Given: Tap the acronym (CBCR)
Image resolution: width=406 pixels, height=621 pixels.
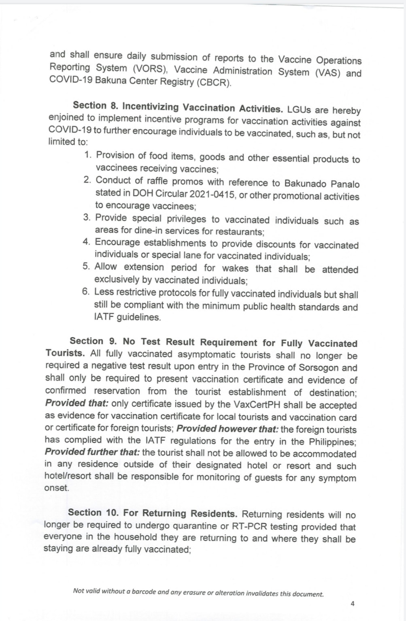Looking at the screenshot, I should tap(214, 83).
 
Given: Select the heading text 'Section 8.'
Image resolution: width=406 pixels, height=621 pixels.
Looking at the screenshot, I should tap(96, 106).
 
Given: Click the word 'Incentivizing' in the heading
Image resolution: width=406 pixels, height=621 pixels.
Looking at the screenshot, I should tap(151, 107).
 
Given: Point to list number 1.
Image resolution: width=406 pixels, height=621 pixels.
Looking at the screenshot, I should tap(88, 155).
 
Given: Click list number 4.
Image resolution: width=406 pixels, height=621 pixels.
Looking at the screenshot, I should tap(86, 242).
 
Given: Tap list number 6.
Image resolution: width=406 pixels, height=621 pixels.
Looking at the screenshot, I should tap(86, 292).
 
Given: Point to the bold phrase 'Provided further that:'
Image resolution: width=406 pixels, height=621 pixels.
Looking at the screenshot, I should tap(92, 452).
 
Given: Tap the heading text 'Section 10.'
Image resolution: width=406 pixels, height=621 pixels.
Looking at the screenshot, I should tap(93, 512).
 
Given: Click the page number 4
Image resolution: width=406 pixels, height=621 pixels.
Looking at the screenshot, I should tap(352, 604).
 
